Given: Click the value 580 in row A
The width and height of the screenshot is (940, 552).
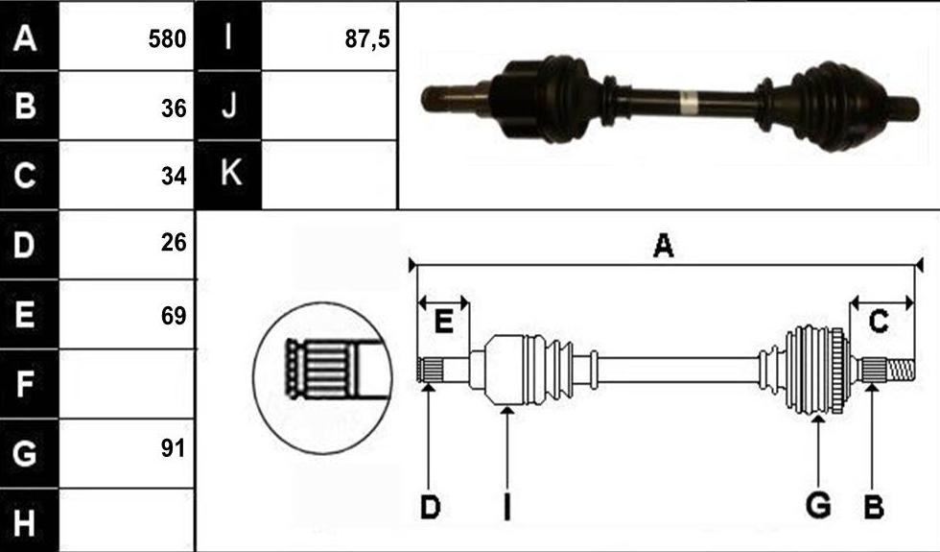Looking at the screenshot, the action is tap(167, 39).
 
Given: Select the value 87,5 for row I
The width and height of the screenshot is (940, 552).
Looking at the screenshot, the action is tap(366, 39).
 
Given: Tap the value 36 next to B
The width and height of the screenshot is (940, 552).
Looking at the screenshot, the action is tap(174, 108).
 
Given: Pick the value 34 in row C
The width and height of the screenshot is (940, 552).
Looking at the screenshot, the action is tap(174, 176).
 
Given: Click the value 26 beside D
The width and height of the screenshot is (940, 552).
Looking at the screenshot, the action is tap(174, 242).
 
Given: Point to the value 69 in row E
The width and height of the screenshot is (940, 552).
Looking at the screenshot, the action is tap(174, 316).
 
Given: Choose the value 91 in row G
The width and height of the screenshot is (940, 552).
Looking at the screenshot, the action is tap(174, 447).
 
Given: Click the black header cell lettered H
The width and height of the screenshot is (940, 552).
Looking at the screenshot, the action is tap(30, 520).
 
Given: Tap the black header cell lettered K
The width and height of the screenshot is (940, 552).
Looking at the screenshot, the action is tap(228, 175).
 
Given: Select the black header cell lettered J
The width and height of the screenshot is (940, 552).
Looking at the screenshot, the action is tap(228, 106).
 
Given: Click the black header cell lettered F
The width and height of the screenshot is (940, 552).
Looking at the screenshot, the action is tap(30, 384).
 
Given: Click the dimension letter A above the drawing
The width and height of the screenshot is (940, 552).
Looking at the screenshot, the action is tap(663, 246).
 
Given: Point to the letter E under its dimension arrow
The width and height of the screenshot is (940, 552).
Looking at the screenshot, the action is tap(443, 322).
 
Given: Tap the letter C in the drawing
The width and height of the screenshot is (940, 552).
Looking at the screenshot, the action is tap(879, 322).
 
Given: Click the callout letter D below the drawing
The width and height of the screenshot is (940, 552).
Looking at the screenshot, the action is tap(431, 508).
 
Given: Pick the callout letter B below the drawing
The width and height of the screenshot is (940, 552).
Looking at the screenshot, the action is tap(874, 507).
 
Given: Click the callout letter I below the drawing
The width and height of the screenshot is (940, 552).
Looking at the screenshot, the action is tap(507, 507).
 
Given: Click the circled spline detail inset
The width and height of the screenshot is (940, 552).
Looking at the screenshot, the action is tap(322, 378).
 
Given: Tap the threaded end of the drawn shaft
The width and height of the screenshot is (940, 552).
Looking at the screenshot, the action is tap(901, 370).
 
